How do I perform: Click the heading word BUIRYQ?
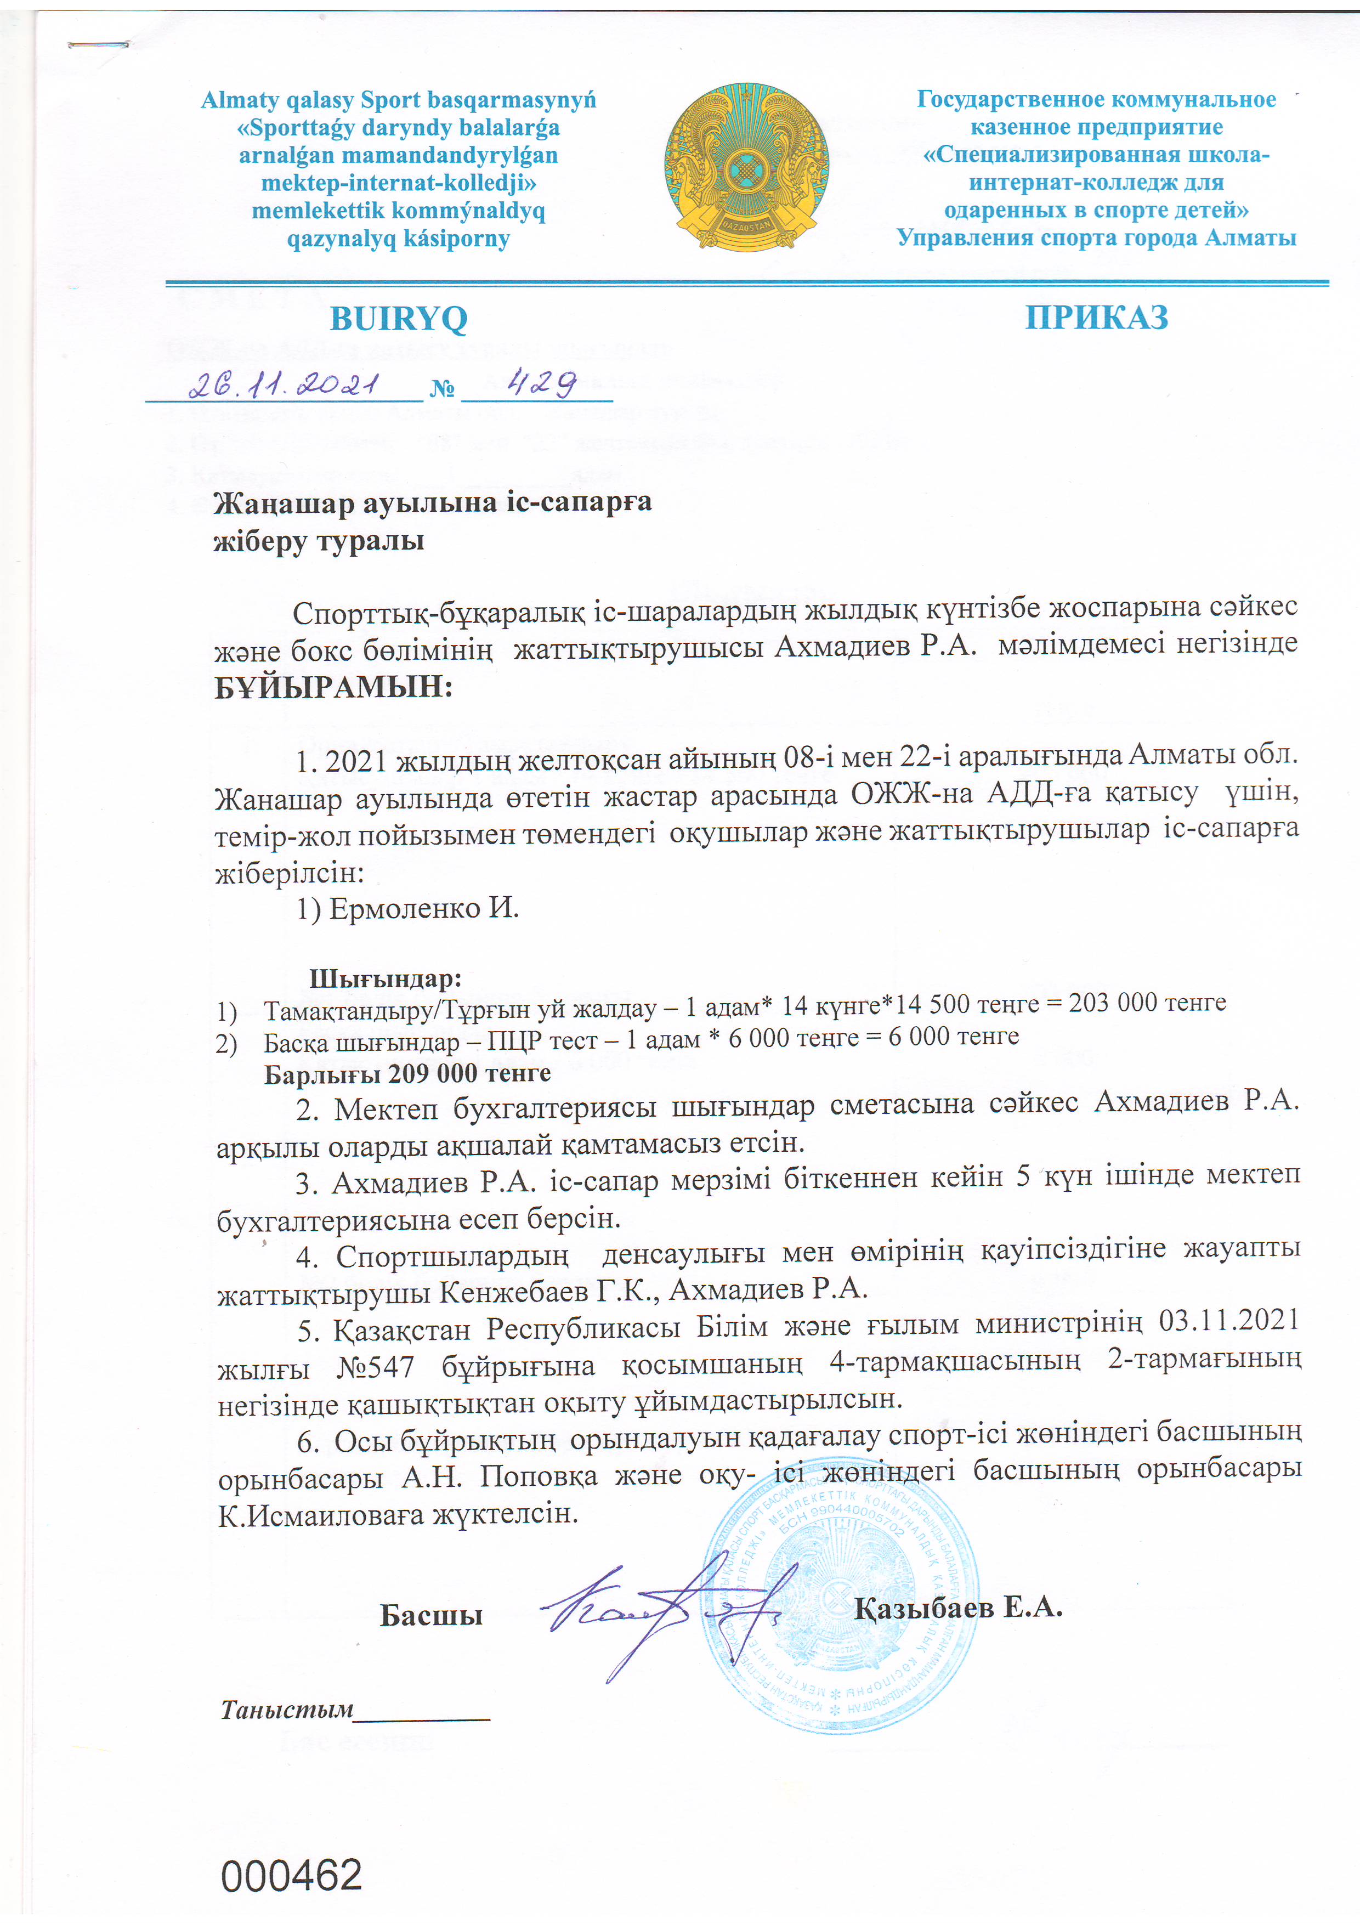coord(398,319)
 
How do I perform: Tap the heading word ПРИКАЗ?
coord(1096,318)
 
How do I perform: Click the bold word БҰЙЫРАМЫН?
coord(333,687)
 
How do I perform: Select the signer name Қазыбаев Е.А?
coord(959,1607)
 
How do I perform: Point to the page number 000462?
coord(292,1875)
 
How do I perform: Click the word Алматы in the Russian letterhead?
coord(1250,238)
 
